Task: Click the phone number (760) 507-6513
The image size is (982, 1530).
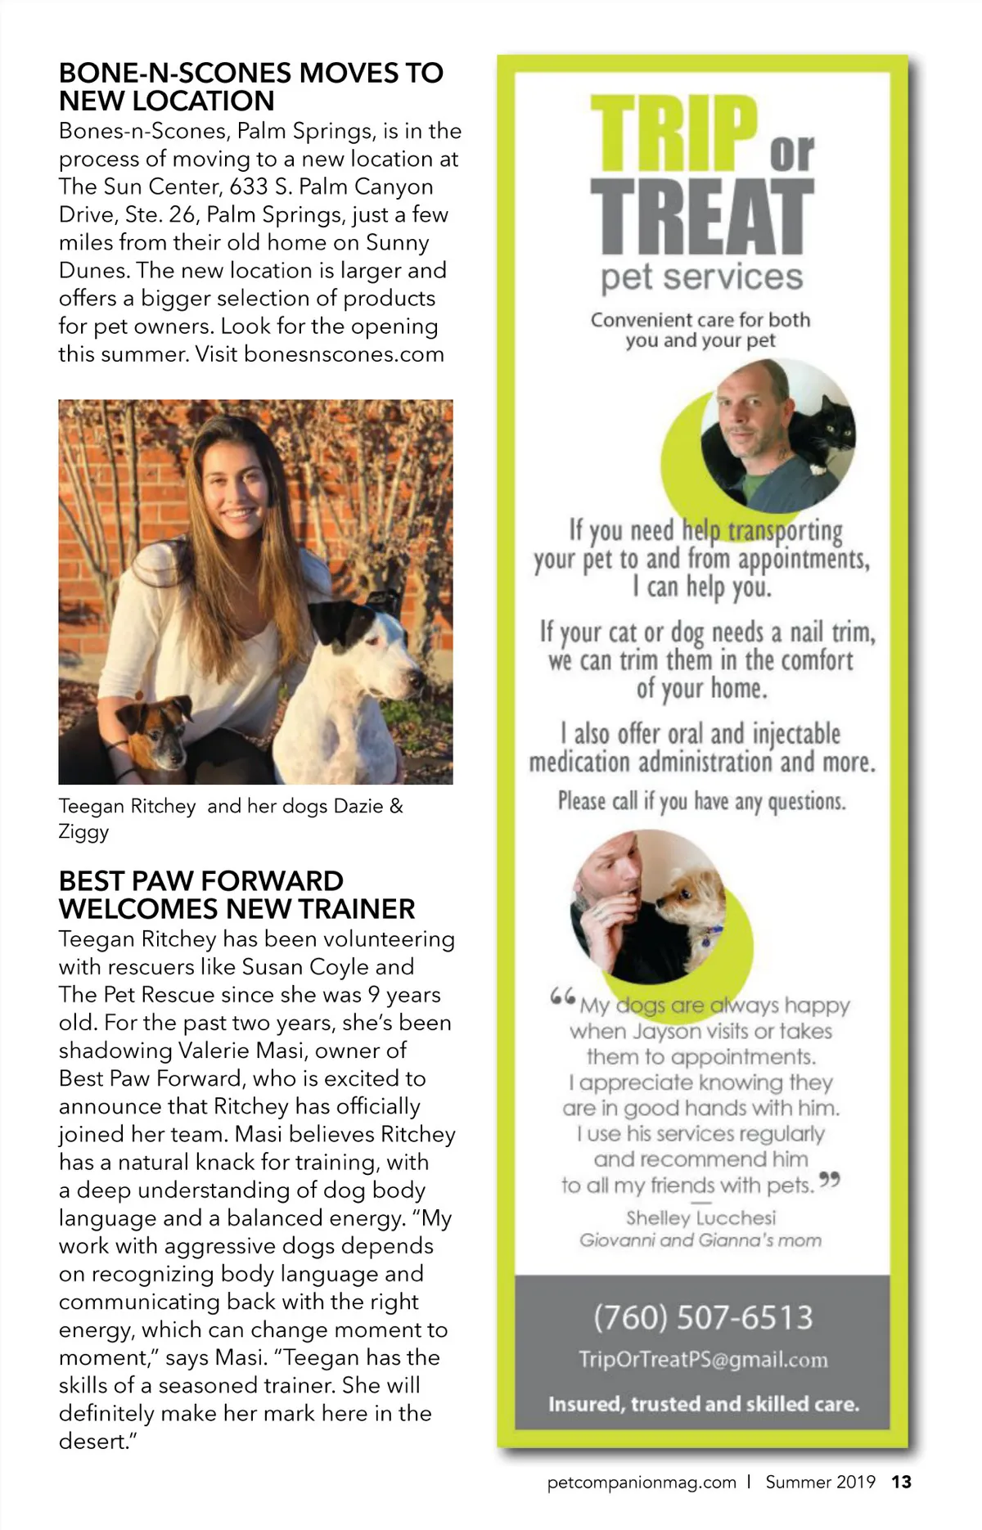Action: tap(703, 1317)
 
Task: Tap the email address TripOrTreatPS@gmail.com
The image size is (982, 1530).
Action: tap(703, 1360)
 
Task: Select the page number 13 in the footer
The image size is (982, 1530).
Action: tap(901, 1482)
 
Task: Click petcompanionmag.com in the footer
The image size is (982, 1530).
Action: tap(642, 1482)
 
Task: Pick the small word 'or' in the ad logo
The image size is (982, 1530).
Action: tap(791, 152)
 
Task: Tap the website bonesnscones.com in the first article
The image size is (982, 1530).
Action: tap(344, 354)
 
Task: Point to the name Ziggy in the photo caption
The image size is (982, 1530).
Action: tap(83, 832)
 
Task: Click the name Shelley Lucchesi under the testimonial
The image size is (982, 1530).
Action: tap(700, 1217)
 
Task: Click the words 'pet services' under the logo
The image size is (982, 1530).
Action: tap(701, 277)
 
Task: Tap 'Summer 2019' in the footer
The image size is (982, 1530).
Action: tap(820, 1482)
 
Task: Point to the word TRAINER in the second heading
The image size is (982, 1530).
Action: tap(356, 909)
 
